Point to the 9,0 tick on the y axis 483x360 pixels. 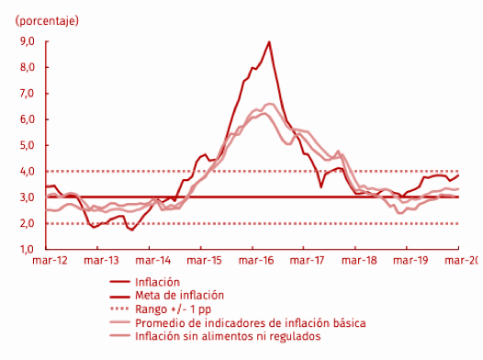click(27, 41)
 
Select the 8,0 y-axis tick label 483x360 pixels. click(27, 67)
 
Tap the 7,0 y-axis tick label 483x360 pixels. click(27, 94)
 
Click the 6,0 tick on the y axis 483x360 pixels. click(27, 119)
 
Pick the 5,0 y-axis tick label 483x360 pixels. click(27, 145)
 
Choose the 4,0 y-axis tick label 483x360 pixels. click(27, 172)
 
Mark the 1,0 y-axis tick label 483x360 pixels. click(27, 249)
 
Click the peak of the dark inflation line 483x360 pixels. click(269, 41)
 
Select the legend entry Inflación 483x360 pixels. click(157, 282)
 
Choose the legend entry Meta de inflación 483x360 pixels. click(179, 296)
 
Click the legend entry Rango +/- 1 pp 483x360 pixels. click(171, 309)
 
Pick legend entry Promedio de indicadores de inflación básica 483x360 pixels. click(250, 323)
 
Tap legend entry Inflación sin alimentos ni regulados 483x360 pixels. click(228, 336)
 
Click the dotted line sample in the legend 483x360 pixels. click(118, 309)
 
